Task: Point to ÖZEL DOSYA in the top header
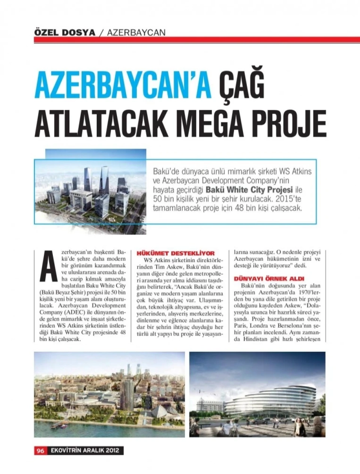pyautogui.click(x=64, y=32)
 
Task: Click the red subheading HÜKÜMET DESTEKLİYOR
pyautogui.click(x=175, y=253)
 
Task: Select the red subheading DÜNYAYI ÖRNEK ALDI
pyautogui.click(x=269, y=279)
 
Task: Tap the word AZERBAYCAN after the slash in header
pyautogui.click(x=136, y=32)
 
